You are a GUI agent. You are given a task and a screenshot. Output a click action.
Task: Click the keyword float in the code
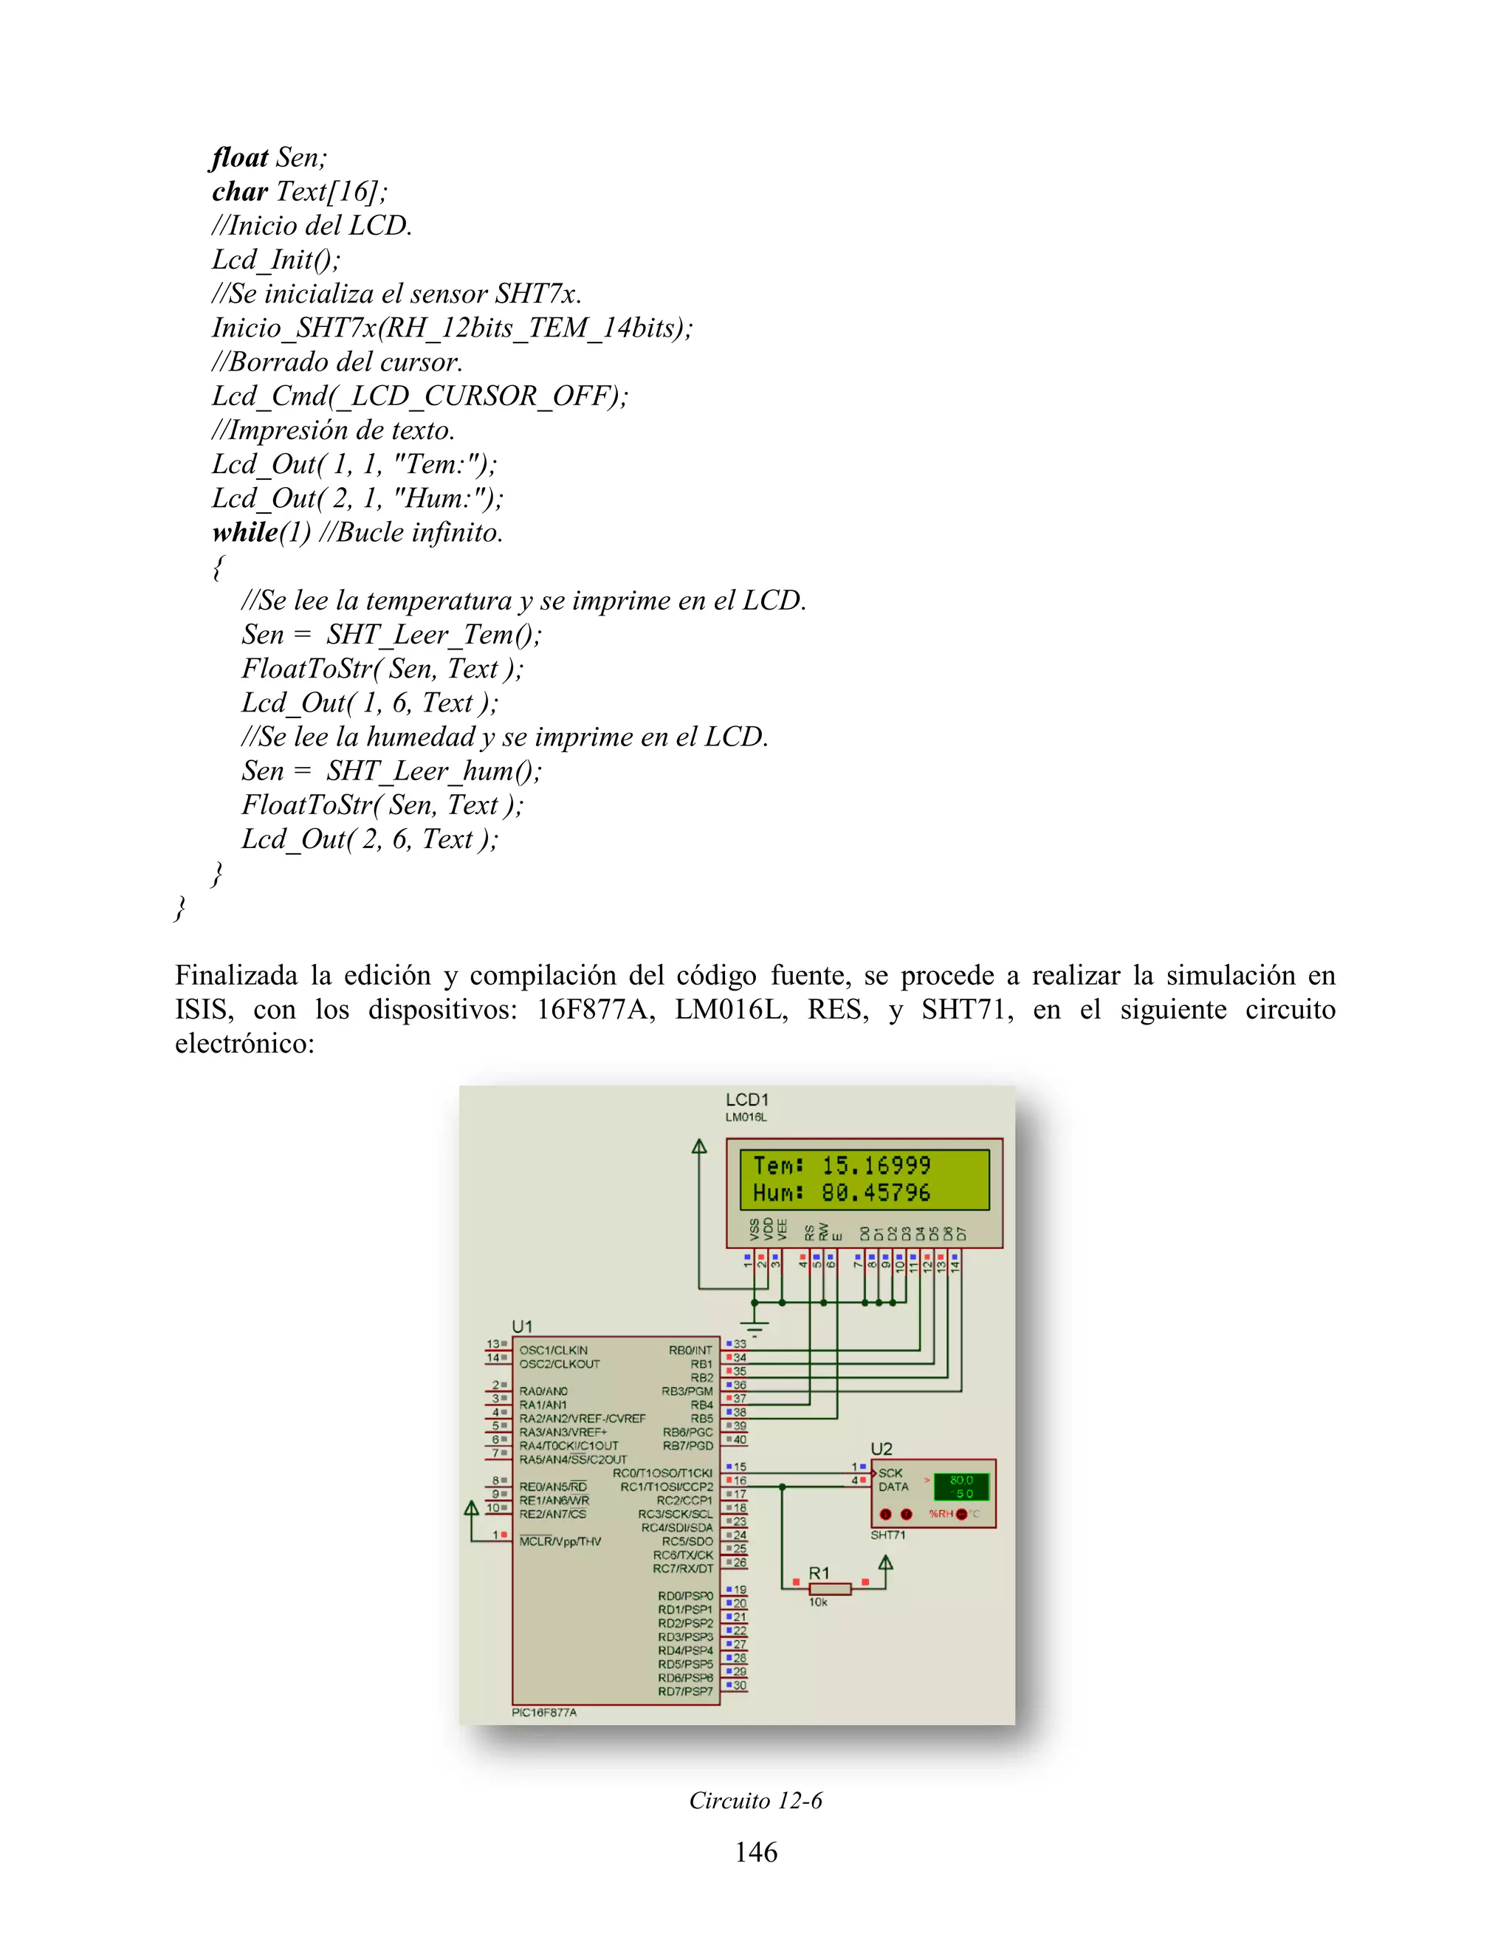click(x=239, y=158)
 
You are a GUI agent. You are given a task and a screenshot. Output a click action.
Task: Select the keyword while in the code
click(x=245, y=532)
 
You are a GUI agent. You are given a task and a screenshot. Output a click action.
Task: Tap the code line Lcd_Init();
click(x=276, y=260)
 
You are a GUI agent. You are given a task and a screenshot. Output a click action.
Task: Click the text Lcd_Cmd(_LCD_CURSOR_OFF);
click(x=420, y=396)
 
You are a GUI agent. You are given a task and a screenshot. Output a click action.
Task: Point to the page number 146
click(x=756, y=1851)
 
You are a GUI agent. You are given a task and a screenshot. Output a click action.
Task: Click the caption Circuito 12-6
click(x=755, y=1800)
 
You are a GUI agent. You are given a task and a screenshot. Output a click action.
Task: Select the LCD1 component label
click(x=747, y=1100)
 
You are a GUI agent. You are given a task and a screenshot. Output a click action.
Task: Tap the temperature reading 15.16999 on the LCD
click(x=876, y=1165)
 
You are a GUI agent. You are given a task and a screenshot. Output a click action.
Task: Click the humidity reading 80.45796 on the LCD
click(x=876, y=1193)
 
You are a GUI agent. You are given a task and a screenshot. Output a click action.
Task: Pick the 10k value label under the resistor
click(x=818, y=1602)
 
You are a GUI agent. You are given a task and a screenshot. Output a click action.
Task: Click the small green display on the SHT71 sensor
click(x=961, y=1487)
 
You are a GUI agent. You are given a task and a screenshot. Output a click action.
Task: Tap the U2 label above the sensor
click(x=882, y=1448)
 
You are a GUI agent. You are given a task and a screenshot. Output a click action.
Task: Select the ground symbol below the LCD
click(x=755, y=1325)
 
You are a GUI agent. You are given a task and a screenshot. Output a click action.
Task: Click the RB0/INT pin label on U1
click(x=690, y=1351)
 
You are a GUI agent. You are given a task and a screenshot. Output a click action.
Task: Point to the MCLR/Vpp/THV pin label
click(x=560, y=1541)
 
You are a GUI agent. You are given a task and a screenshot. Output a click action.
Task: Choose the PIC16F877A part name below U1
click(x=543, y=1712)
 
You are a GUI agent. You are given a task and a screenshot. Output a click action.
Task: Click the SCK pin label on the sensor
click(x=890, y=1473)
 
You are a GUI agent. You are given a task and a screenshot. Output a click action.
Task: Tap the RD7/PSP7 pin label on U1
click(x=685, y=1691)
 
